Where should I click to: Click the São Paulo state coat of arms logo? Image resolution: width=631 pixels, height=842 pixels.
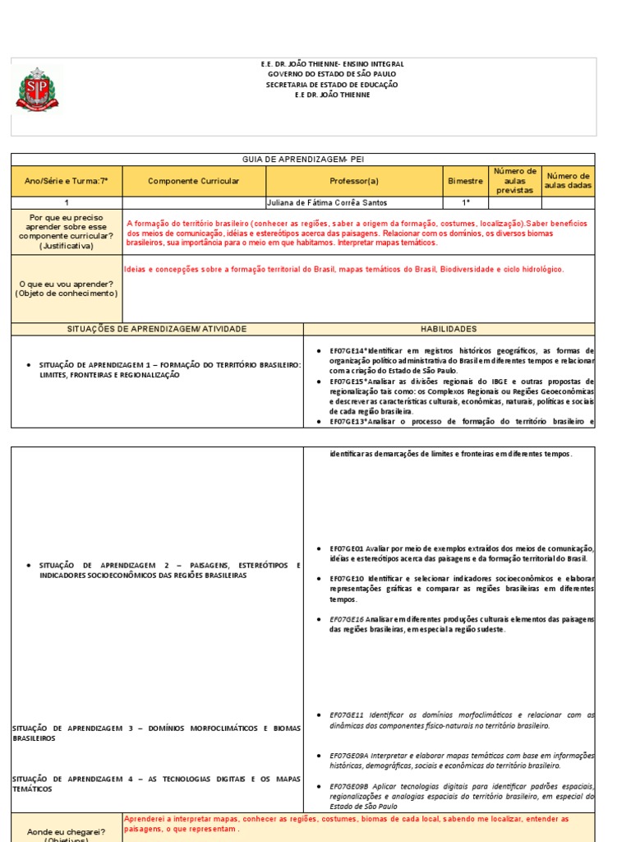coord(37,89)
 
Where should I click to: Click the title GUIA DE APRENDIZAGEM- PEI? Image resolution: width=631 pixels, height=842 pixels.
coord(303,160)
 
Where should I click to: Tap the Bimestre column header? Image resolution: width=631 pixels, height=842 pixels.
coord(466,181)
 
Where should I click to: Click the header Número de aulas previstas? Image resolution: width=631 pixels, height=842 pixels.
coord(514,181)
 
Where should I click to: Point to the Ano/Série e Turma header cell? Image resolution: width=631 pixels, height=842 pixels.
coord(67,181)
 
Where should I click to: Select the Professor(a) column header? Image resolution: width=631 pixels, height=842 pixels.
coord(354,181)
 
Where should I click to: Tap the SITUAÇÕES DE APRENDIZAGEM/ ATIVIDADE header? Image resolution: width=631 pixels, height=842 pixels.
coord(156,329)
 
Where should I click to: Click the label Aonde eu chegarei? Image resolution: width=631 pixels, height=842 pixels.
coord(66,831)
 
